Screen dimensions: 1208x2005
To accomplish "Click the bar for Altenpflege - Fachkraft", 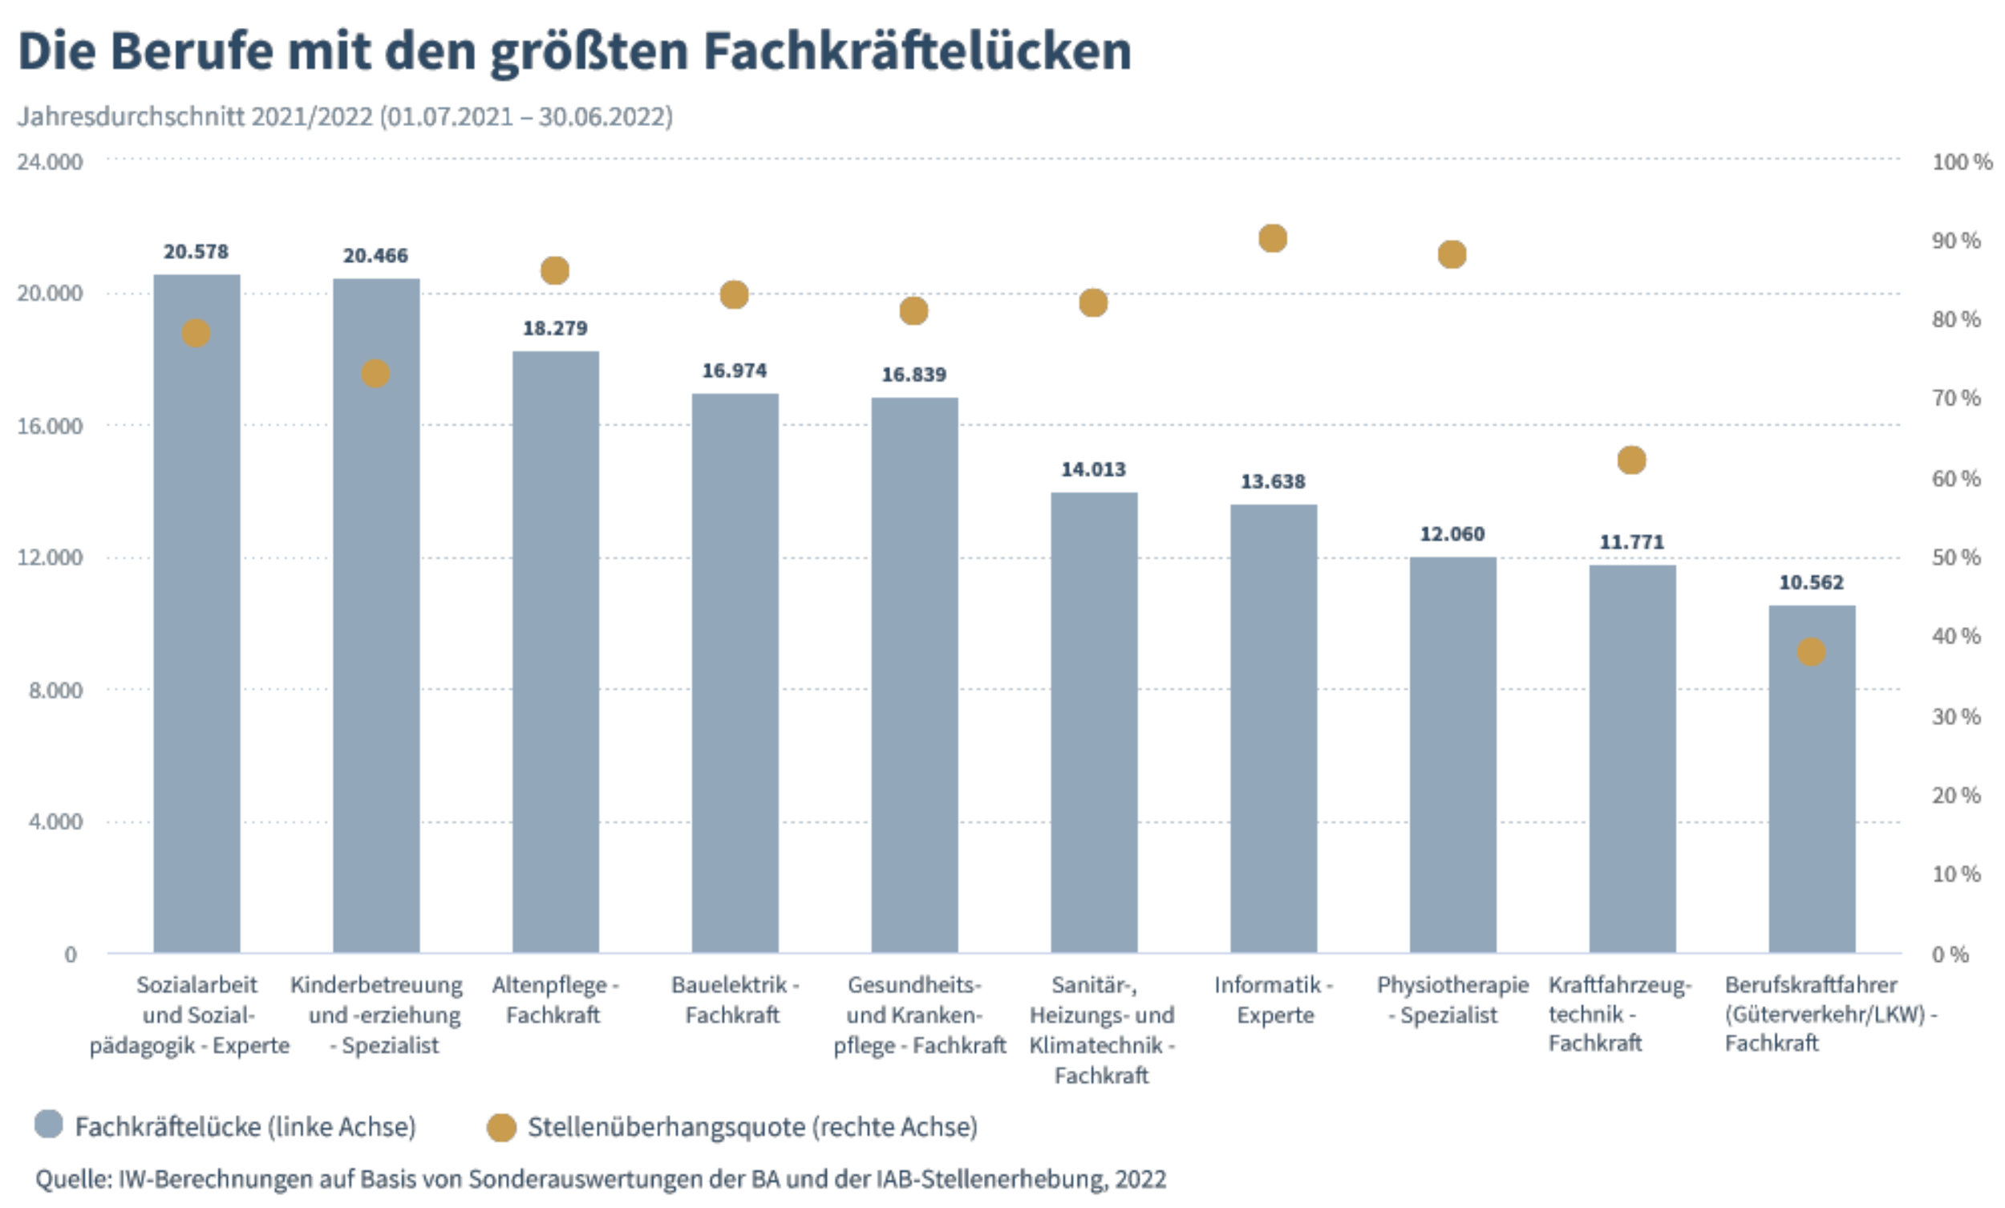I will tap(556, 651).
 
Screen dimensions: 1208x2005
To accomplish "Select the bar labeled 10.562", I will tap(1812, 781).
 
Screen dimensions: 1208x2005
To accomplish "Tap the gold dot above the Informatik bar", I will tap(1273, 238).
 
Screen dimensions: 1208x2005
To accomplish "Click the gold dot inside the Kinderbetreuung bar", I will tap(375, 374).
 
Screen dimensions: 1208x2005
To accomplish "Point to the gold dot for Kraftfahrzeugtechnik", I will tap(1631, 460).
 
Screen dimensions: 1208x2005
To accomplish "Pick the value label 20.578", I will tap(196, 252).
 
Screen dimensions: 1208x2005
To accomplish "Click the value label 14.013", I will tap(1093, 470).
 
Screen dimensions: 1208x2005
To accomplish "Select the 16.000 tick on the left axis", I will tap(50, 426).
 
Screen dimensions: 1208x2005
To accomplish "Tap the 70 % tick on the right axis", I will tap(1956, 398).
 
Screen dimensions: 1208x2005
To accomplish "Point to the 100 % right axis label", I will tap(1961, 162).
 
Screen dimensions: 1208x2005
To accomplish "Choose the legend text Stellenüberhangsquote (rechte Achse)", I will tap(752, 1128).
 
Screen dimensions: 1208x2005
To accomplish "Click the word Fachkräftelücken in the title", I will tap(917, 51).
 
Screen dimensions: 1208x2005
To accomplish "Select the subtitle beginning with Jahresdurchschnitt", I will tap(345, 116).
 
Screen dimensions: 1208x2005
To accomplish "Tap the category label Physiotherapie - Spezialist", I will tap(1452, 999).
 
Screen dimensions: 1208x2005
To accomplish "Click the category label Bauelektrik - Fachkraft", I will tap(734, 999).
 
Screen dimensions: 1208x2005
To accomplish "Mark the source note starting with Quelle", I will tap(601, 1178).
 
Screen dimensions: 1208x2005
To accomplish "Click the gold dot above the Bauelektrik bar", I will tap(734, 294).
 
